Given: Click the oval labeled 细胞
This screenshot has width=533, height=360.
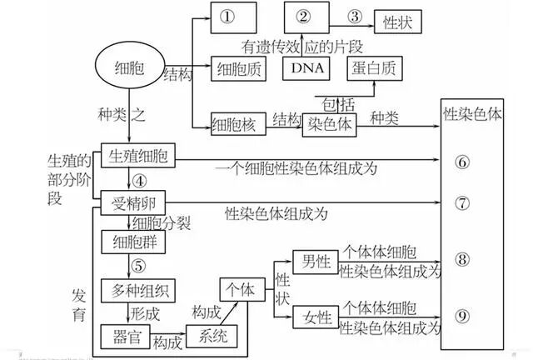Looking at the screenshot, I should click(129, 67).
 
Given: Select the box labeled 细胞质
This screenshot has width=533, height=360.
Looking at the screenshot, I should click(237, 68).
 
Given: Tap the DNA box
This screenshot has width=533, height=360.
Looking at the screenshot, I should click(305, 68).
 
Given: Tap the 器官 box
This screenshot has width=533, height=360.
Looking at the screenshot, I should click(123, 336).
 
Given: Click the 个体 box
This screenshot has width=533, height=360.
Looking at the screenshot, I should click(241, 289).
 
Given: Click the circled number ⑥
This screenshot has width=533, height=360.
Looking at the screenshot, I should click(463, 161).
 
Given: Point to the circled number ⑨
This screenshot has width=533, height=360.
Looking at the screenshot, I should click(463, 315).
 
